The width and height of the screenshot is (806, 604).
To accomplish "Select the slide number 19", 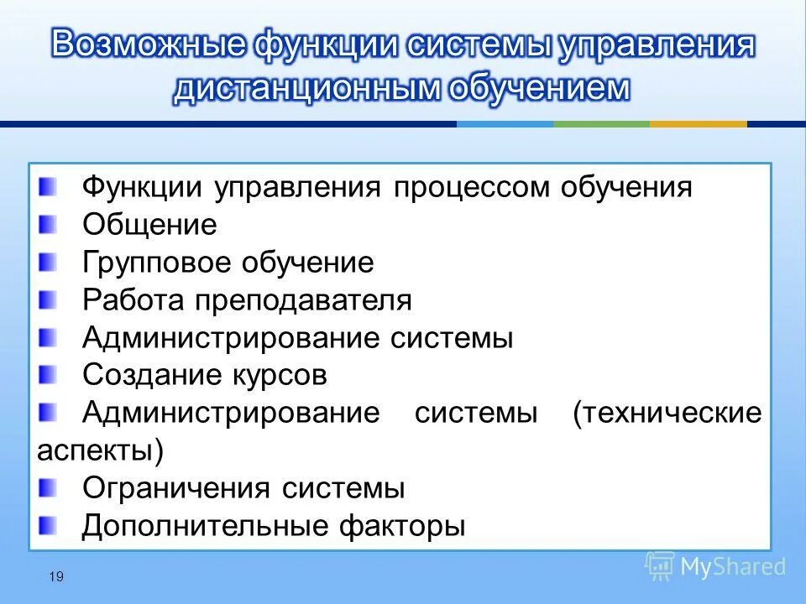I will (x=56, y=575).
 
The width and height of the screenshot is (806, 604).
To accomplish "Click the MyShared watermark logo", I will (x=715, y=566).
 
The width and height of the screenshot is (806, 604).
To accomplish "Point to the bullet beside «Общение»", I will (x=49, y=223).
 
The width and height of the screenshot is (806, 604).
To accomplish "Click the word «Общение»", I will (x=149, y=225).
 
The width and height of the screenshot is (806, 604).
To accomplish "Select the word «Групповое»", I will (x=158, y=263).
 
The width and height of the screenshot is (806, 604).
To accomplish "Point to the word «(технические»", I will (x=667, y=413).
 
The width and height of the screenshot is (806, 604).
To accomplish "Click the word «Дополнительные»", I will (x=205, y=526).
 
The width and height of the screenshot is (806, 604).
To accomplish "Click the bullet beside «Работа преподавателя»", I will (x=49, y=299).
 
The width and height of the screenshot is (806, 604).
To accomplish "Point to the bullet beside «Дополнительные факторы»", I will (x=49, y=524).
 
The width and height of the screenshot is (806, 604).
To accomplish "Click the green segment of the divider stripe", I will (x=601, y=124).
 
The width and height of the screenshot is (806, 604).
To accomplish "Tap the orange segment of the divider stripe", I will (x=698, y=124).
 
